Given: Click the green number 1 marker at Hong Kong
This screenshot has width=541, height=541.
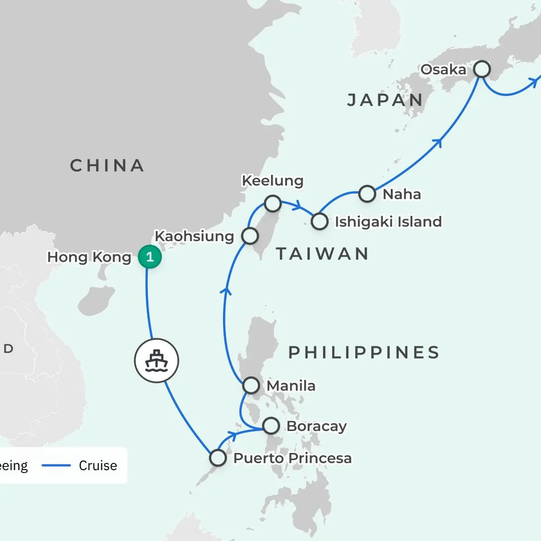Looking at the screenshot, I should click(x=150, y=257).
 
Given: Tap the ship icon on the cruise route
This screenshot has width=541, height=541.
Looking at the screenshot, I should click(x=156, y=361).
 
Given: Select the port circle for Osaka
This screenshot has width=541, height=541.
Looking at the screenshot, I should click(x=482, y=69).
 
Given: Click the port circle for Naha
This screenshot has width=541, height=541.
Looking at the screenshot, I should click(x=367, y=194).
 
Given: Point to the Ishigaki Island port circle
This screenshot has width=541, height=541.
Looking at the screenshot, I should click(x=320, y=221).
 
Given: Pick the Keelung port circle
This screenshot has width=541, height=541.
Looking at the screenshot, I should click(x=273, y=203).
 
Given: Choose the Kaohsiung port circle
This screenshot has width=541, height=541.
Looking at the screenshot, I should click(x=250, y=236).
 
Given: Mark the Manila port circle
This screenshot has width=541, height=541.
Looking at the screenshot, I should click(x=251, y=386).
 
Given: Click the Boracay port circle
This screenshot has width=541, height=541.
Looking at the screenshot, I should click(x=271, y=426).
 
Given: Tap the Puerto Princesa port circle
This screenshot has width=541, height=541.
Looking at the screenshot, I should click(x=218, y=458).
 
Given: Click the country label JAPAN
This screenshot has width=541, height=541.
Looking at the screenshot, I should click(x=385, y=100).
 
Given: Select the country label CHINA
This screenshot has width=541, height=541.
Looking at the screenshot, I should click(x=107, y=166).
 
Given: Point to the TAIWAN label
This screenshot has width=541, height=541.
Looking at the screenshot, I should click(x=323, y=254).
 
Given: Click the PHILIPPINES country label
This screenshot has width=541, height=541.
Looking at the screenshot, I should click(x=364, y=353).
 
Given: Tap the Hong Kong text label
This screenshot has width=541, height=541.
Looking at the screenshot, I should click(x=89, y=257).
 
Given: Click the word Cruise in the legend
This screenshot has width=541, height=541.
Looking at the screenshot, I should click(x=98, y=465).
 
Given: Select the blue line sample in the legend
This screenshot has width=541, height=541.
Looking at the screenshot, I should click(x=56, y=465).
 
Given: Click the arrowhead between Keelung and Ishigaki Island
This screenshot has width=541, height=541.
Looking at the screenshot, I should click(x=297, y=206).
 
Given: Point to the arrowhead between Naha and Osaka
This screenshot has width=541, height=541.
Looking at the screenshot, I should click(x=437, y=143).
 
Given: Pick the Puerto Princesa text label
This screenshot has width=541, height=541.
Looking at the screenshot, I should click(x=292, y=458).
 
